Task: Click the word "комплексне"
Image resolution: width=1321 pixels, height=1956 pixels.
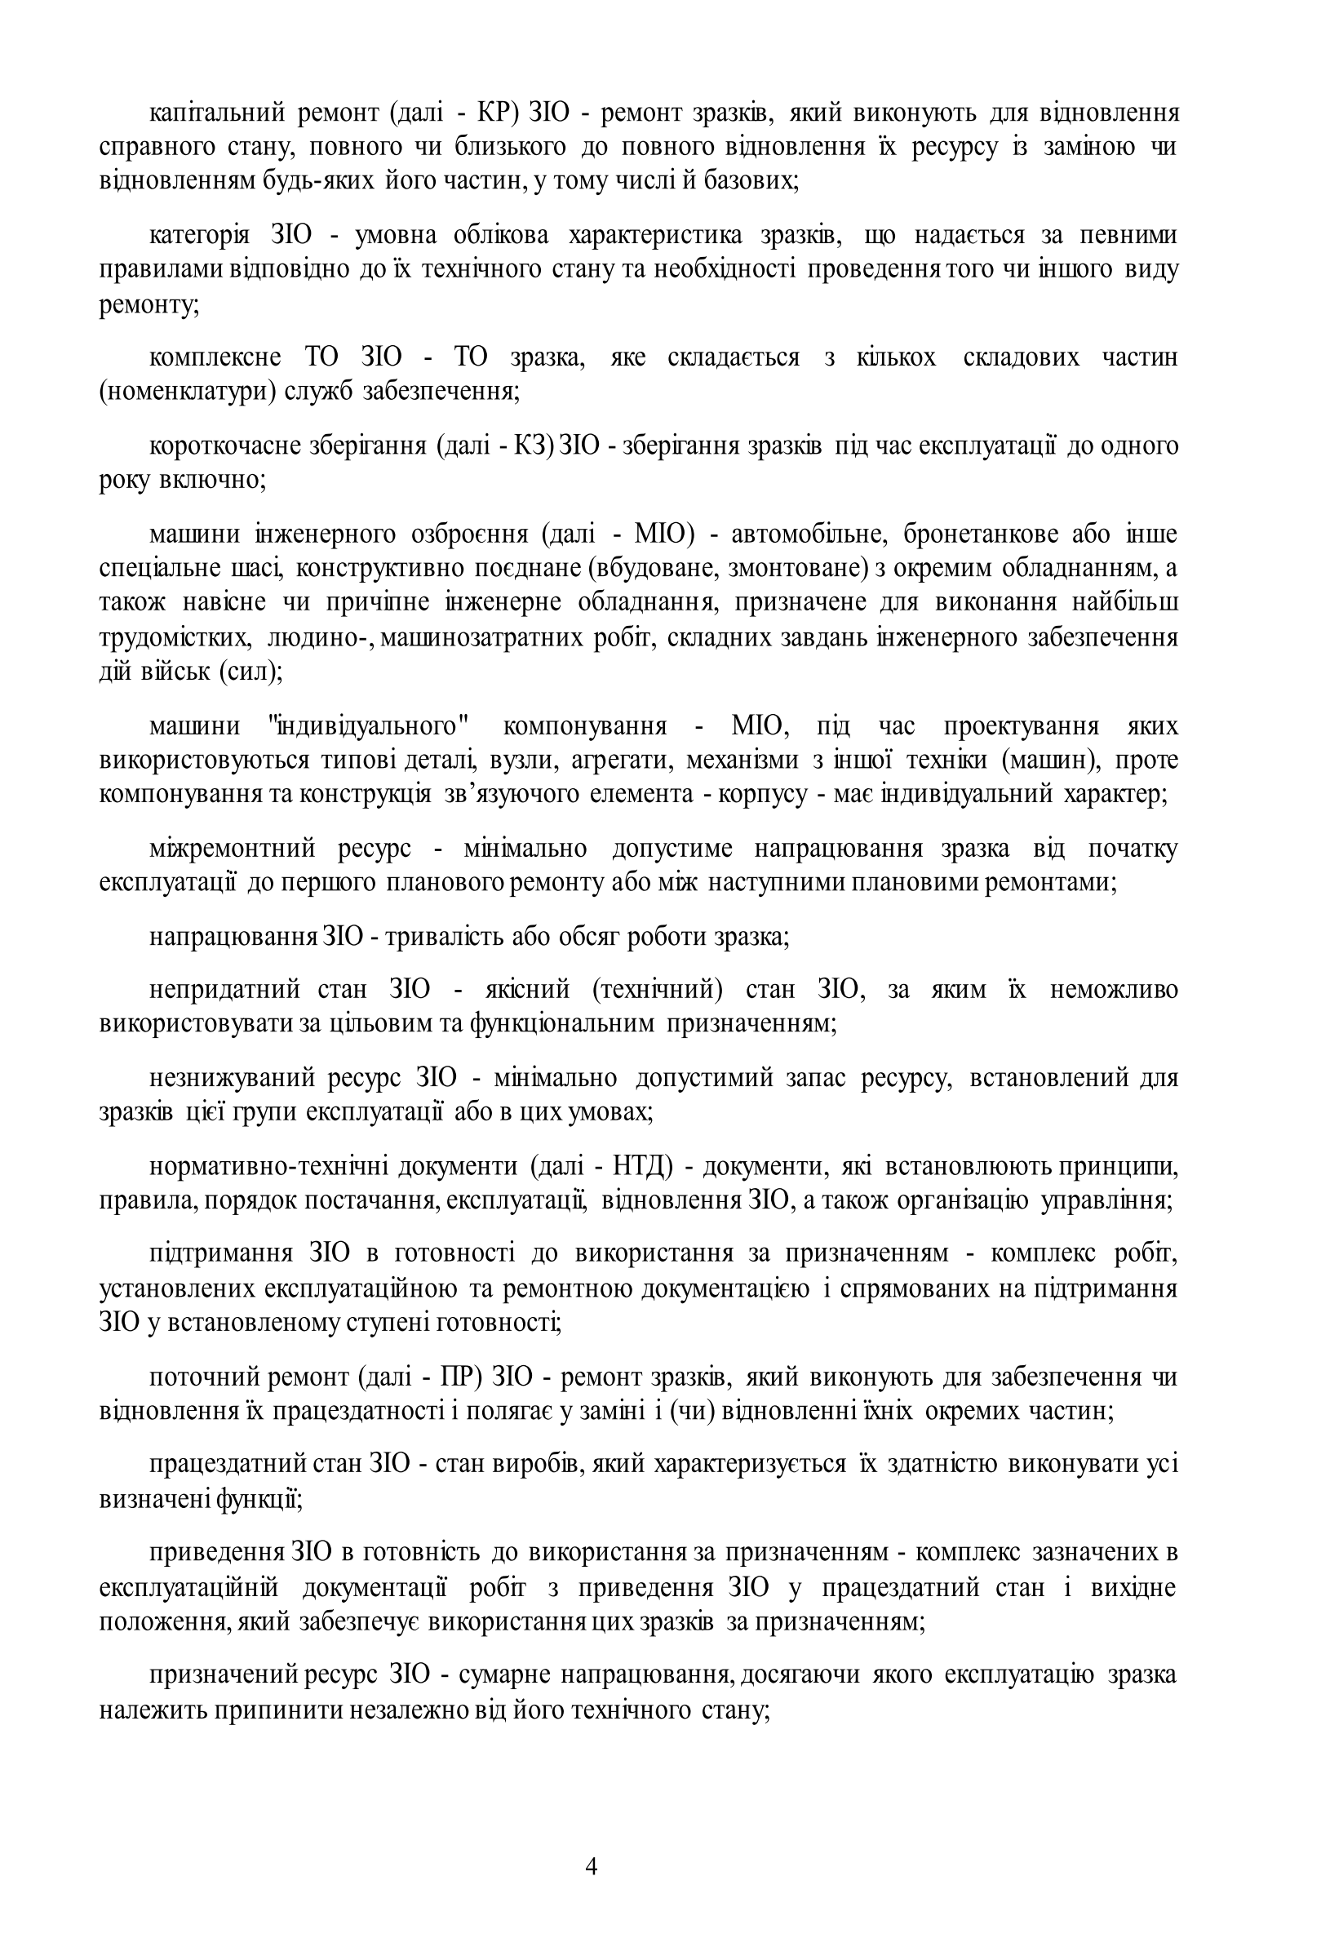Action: (x=215, y=357)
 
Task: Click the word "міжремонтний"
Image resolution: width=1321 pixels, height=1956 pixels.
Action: (x=233, y=849)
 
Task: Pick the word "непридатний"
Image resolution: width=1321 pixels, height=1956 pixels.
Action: (x=224, y=989)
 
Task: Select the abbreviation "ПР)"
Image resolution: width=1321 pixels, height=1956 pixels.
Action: (x=460, y=1377)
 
